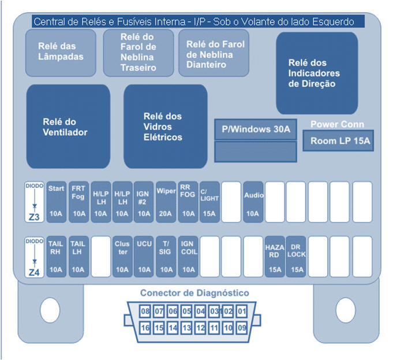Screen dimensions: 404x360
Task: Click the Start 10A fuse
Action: [56, 202]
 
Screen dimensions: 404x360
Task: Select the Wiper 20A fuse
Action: [166, 202]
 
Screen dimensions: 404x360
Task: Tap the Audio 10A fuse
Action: [253, 202]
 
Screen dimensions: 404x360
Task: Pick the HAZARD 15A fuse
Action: [275, 257]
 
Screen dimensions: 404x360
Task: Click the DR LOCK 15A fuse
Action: [296, 257]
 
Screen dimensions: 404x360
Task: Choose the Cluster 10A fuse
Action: [122, 257]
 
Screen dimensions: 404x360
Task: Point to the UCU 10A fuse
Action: [144, 257]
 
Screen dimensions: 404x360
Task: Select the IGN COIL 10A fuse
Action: [188, 257]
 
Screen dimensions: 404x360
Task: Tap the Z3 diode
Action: [34, 202]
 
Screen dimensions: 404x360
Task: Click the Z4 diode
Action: [34, 257]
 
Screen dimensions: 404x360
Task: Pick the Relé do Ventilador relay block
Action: [68, 127]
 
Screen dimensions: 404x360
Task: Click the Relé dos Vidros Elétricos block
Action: [166, 127]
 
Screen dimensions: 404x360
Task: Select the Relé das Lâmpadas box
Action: [61, 53]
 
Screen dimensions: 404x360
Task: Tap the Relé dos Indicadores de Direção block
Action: [317, 73]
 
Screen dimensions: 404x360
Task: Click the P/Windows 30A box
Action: [256, 129]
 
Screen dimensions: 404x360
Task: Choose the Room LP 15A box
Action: [338, 140]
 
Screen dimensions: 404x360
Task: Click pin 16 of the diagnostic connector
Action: [145, 328]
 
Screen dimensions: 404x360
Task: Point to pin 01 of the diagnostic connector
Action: [242, 311]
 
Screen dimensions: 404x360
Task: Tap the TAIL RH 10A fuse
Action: [56, 257]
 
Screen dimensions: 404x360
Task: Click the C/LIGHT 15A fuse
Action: [210, 202]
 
